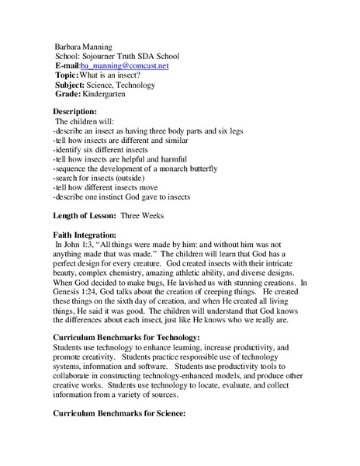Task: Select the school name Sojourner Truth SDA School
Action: [129, 57]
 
